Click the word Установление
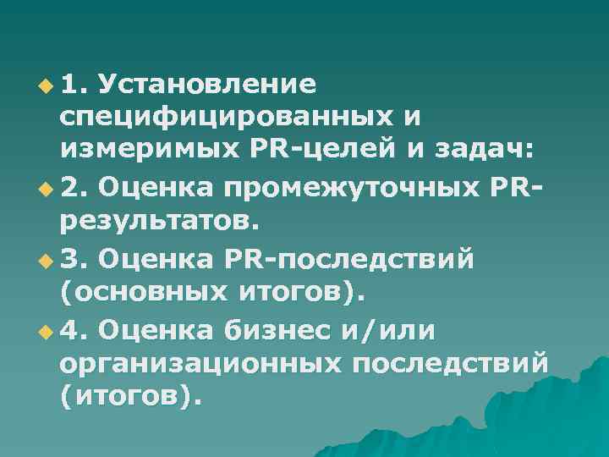208,85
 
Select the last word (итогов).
131,396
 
